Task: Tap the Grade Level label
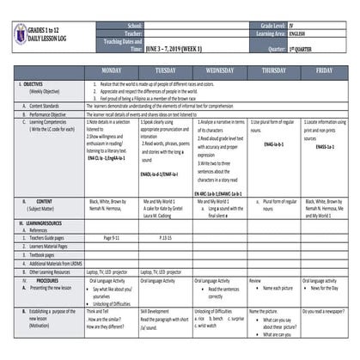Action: (x=266, y=27)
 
